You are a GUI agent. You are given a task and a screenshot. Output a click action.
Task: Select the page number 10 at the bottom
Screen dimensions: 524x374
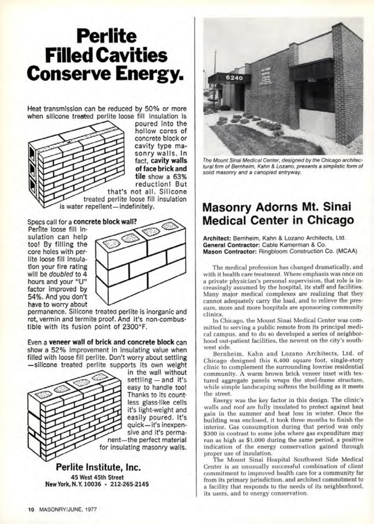pyautogui.click(x=31, y=510)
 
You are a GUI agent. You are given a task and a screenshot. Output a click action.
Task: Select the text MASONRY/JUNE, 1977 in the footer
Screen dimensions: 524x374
pyautogui.click(x=67, y=510)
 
